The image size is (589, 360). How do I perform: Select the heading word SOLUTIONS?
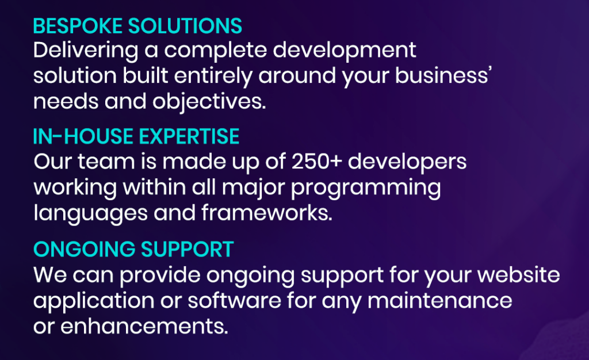point(185,26)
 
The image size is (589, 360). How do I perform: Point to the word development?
point(345,51)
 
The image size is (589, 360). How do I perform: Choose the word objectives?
point(209,102)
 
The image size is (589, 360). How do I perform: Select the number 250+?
point(317,162)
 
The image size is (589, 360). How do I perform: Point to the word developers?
point(407,162)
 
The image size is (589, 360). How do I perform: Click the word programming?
point(366,187)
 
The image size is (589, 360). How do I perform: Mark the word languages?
point(90,213)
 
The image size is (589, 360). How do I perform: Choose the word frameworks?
point(267,212)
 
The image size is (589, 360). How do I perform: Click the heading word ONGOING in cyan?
point(84,249)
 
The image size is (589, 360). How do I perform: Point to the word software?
point(235,300)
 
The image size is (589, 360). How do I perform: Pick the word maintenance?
point(440,300)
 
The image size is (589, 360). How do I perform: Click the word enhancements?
point(144,326)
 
